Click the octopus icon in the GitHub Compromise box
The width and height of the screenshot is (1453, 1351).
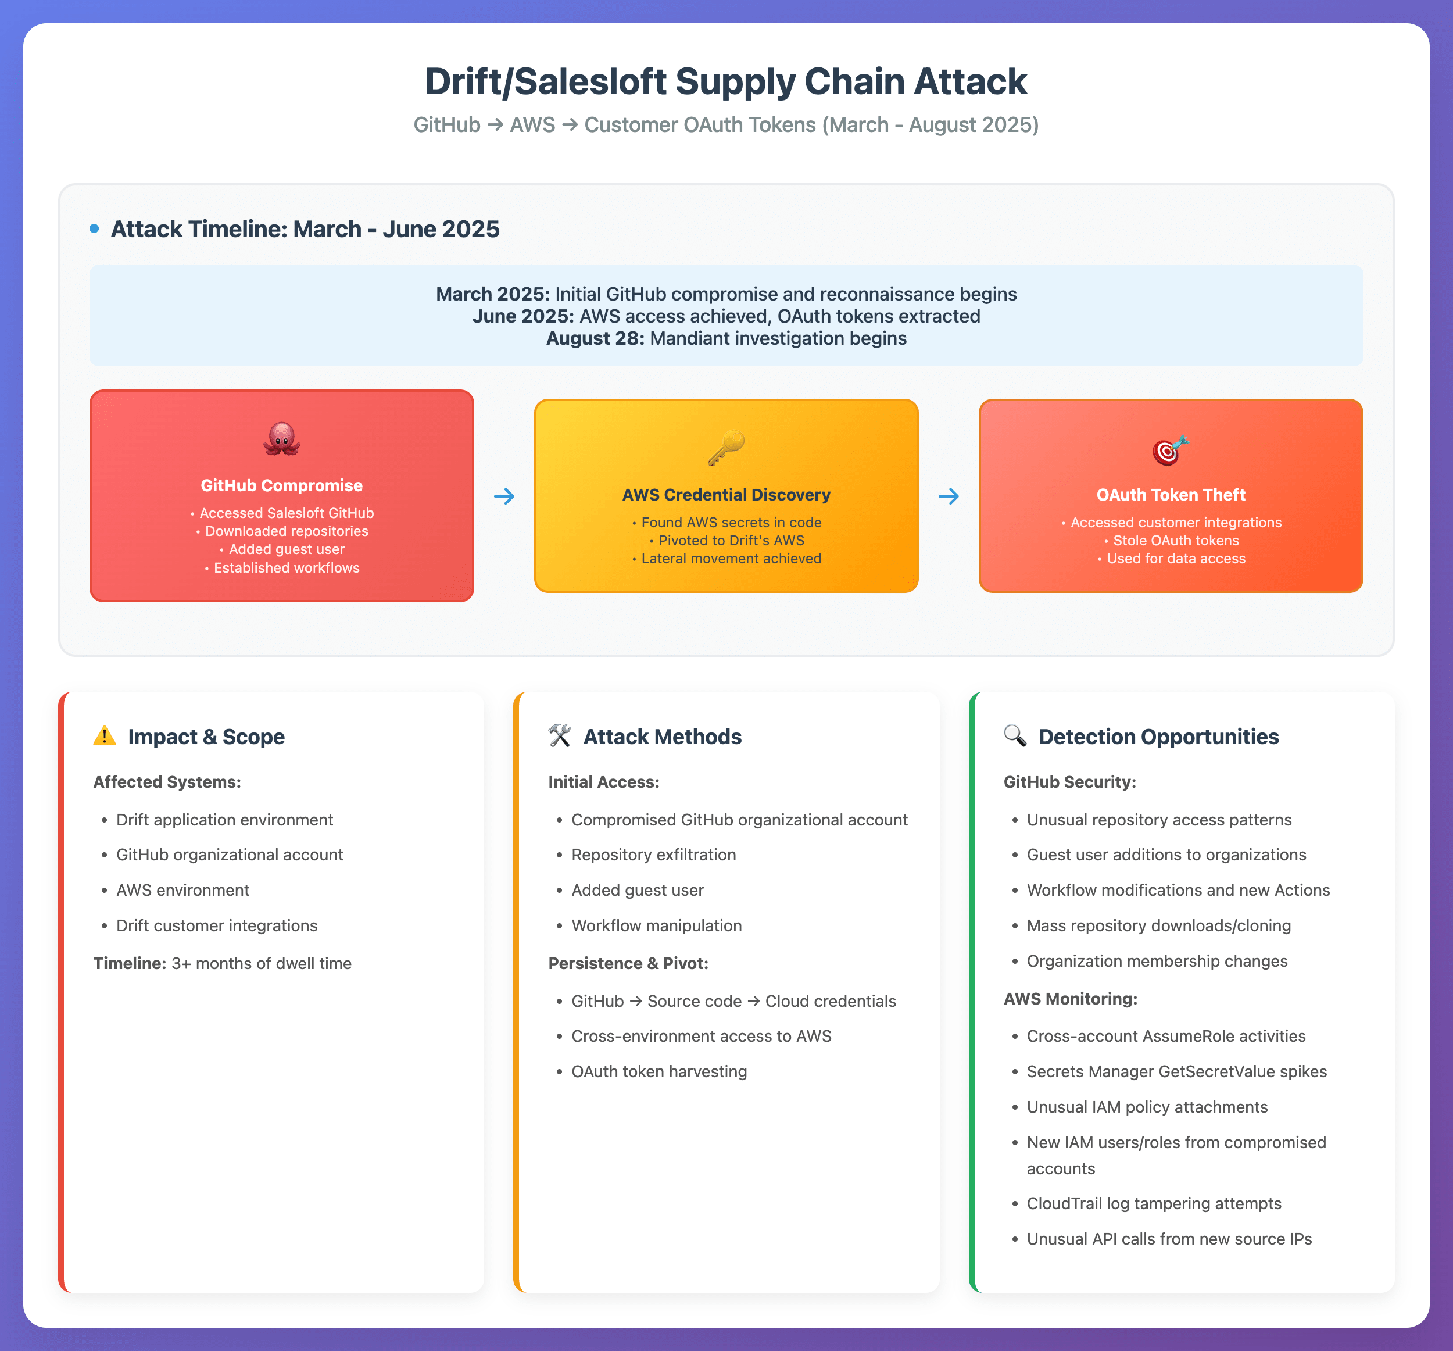click(x=281, y=439)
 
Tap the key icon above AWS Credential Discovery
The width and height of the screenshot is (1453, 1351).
click(x=726, y=448)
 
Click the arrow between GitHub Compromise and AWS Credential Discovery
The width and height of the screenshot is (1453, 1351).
click(x=503, y=496)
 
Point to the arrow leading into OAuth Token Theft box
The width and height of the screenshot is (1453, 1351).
click(x=949, y=496)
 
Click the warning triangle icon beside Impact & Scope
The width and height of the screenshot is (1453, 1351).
click(x=105, y=735)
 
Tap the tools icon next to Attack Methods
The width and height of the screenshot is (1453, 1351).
click(x=560, y=735)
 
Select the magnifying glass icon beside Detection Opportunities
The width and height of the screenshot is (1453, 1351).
click(x=1015, y=735)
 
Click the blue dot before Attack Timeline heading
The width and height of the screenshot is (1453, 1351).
click(x=94, y=229)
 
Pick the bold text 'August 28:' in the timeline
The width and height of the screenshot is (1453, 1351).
click(x=595, y=338)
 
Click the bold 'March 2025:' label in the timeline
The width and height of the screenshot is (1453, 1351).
click(x=493, y=294)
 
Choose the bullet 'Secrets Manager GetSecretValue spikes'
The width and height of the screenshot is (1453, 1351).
click(x=1176, y=1072)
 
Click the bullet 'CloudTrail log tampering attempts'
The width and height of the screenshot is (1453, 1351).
click(x=1153, y=1203)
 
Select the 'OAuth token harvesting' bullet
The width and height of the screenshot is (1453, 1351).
click(x=658, y=1072)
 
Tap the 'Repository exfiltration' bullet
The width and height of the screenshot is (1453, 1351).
click(x=653, y=855)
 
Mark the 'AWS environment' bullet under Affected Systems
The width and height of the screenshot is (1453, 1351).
click(x=182, y=891)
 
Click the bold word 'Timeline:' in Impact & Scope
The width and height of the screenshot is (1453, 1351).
click(x=130, y=963)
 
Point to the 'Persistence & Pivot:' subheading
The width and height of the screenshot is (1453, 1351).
click(x=628, y=963)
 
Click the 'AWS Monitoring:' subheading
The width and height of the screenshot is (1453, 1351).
click(x=1070, y=999)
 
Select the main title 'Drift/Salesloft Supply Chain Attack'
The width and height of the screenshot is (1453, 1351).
click(x=726, y=81)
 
